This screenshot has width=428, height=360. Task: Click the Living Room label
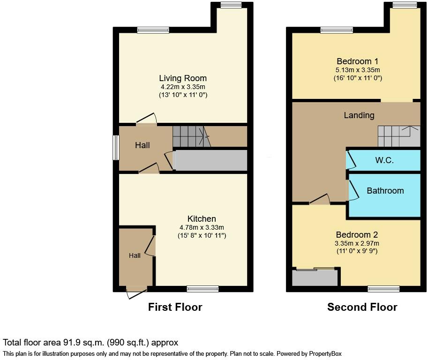(x=182, y=78)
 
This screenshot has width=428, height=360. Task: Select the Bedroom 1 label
(x=357, y=61)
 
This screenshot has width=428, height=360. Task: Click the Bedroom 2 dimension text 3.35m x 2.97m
(x=357, y=243)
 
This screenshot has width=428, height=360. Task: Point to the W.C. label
(x=384, y=160)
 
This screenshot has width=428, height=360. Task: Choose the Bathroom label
(x=385, y=191)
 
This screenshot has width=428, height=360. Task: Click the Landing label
(x=359, y=115)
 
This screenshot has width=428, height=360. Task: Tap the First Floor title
(x=175, y=307)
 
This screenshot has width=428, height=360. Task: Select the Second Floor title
(x=362, y=307)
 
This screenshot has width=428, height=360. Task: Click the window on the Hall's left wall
(x=115, y=148)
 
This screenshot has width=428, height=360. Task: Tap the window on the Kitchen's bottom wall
(x=203, y=289)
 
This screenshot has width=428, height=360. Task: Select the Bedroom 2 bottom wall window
(x=383, y=289)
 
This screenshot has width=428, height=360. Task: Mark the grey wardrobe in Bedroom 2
(x=315, y=278)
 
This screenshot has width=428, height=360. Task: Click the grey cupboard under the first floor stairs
(x=211, y=160)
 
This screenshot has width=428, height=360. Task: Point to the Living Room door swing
(x=147, y=119)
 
